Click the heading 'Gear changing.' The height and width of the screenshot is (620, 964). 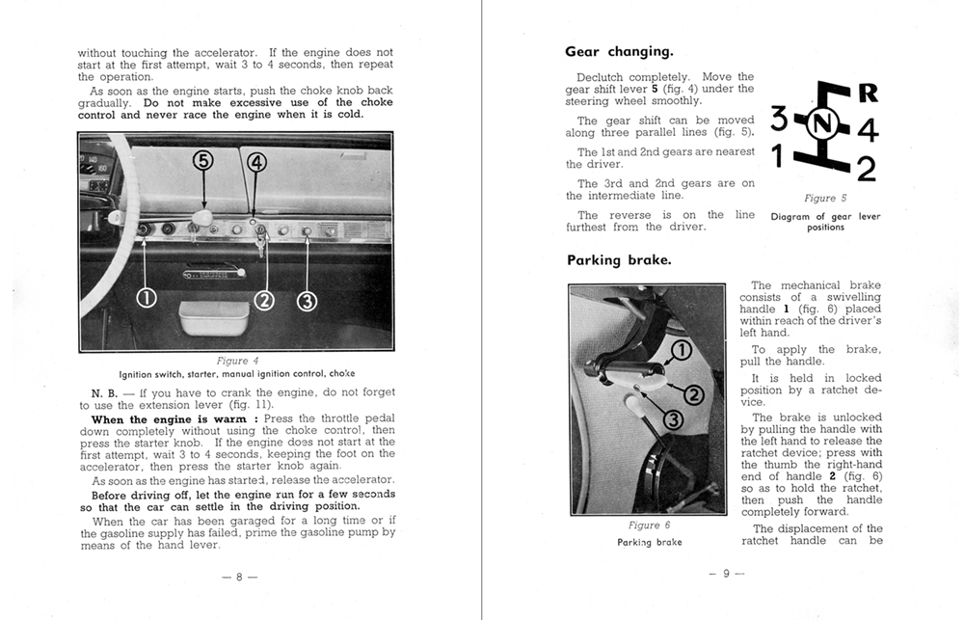tap(619, 52)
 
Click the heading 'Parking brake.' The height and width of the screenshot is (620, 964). tap(619, 260)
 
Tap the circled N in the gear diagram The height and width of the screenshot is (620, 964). tap(821, 123)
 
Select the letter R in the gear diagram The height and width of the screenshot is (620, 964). tap(867, 94)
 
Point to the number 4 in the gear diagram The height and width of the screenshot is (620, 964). tap(867, 129)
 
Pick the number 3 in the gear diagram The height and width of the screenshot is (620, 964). tap(780, 121)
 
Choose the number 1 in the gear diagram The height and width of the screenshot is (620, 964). tap(778, 154)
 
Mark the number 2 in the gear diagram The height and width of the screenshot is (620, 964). tap(866, 169)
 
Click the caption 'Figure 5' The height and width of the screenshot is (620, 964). tap(825, 199)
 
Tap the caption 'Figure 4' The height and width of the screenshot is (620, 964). tap(236, 362)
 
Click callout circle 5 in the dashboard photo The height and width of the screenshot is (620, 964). tap(203, 161)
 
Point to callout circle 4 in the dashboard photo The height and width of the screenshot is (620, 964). tap(256, 162)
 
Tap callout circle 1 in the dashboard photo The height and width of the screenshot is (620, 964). tap(145, 299)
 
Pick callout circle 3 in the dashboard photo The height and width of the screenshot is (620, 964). tap(308, 301)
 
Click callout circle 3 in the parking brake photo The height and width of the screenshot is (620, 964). tap(673, 418)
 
